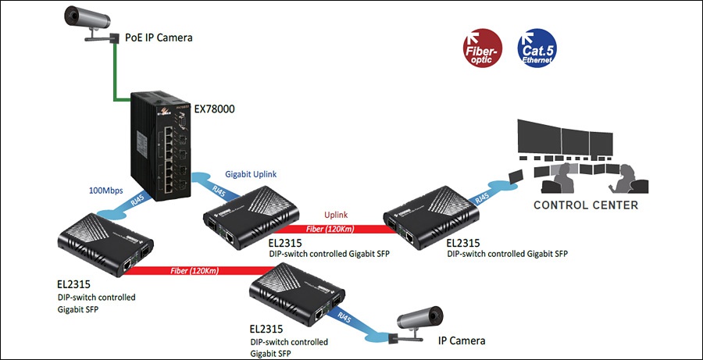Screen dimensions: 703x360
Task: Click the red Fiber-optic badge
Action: [x=483, y=48]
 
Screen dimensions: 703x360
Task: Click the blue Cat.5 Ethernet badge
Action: [x=537, y=48]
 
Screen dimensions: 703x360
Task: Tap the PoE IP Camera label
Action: [x=159, y=37]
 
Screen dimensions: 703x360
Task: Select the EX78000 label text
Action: [x=213, y=109]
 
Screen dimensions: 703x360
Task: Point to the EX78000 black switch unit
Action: [x=160, y=145]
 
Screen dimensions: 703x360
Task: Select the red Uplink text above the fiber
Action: [x=337, y=216]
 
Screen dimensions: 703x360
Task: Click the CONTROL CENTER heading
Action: [x=586, y=205]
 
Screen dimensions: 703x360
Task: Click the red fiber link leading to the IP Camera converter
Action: [x=202, y=271]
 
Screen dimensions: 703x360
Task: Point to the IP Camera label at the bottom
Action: [x=462, y=340]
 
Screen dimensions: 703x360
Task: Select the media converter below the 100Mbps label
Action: [x=105, y=244]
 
